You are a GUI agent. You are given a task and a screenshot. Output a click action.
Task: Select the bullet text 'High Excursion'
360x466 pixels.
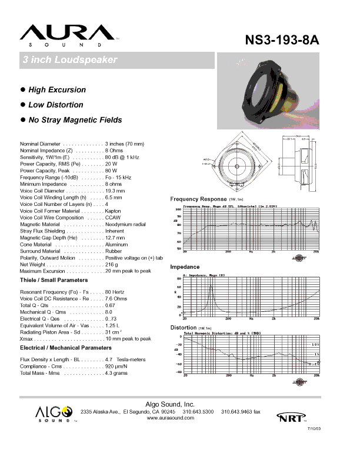57,90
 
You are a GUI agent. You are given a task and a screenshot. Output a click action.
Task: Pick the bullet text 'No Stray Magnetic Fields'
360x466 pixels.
75,120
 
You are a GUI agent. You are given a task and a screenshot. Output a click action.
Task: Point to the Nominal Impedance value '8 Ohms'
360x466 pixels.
114,151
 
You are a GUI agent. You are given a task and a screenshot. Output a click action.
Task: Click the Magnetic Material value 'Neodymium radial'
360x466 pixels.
125,224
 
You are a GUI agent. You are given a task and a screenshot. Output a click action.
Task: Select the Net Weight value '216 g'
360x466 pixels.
112,265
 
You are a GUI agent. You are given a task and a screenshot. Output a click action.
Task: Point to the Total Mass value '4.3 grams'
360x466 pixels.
116,373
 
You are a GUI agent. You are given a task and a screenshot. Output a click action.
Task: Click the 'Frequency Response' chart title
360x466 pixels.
198,199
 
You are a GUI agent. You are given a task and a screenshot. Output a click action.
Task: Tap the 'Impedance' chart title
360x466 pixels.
185,267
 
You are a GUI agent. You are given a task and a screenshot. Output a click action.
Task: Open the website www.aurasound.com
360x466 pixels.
170,417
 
